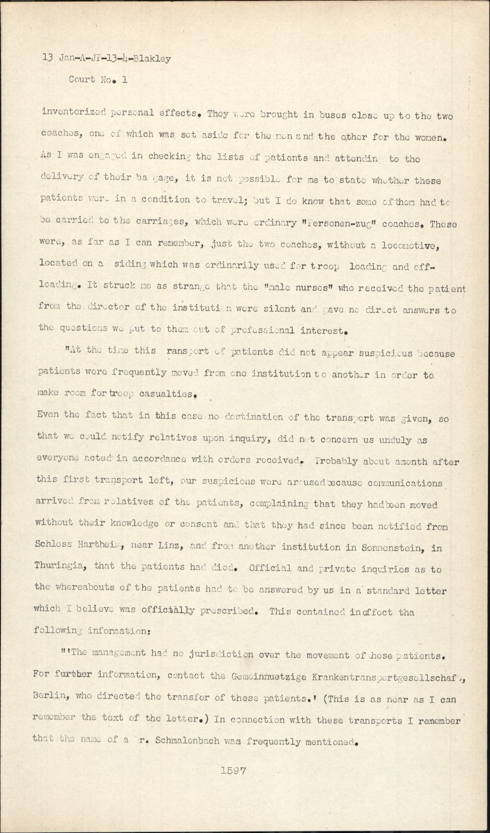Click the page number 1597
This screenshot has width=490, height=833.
tap(232, 771)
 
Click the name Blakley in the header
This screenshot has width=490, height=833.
tap(152, 59)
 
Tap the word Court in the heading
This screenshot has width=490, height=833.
tap(82, 80)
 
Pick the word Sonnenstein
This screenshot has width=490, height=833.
tap(390, 547)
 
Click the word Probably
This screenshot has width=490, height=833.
tap(337, 461)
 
